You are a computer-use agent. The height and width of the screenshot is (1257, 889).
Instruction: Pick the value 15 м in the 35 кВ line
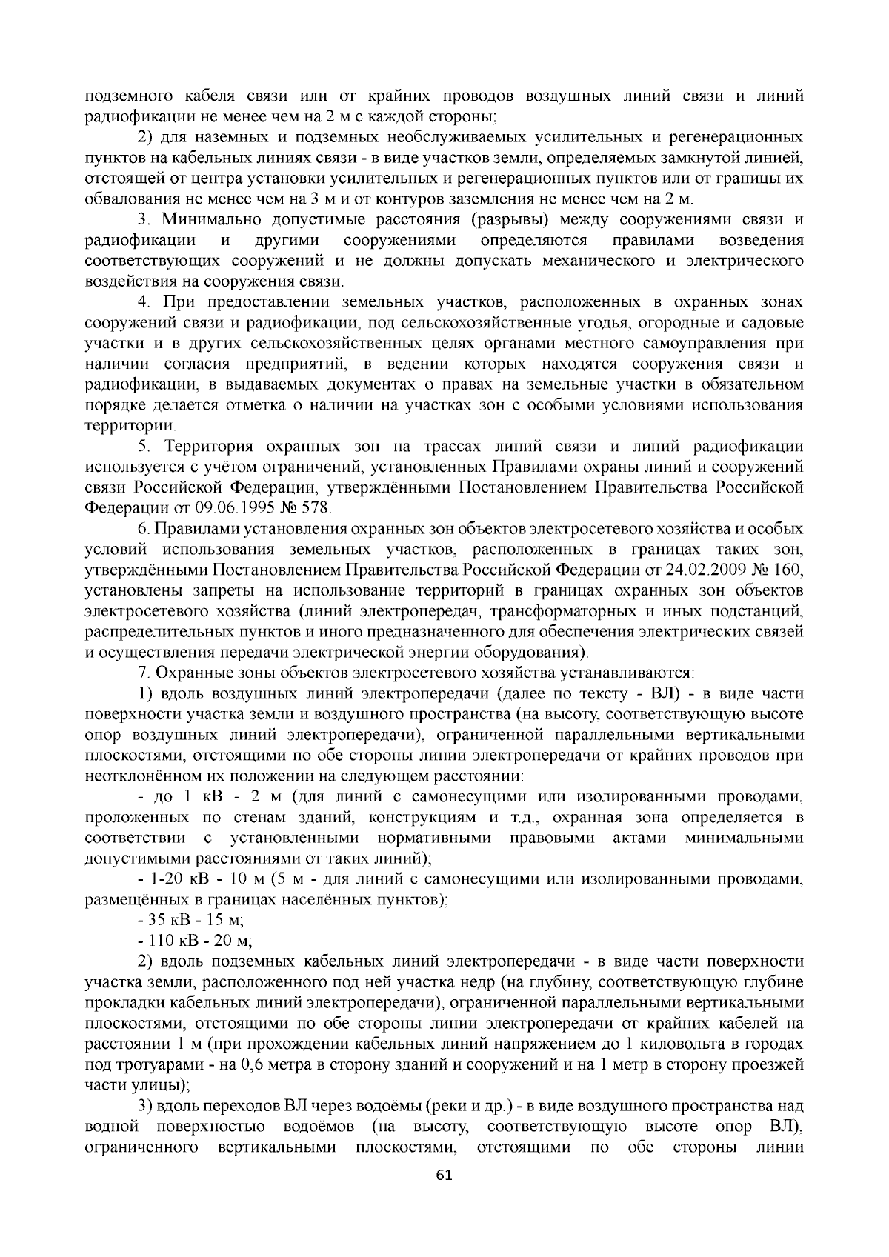click(x=225, y=921)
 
